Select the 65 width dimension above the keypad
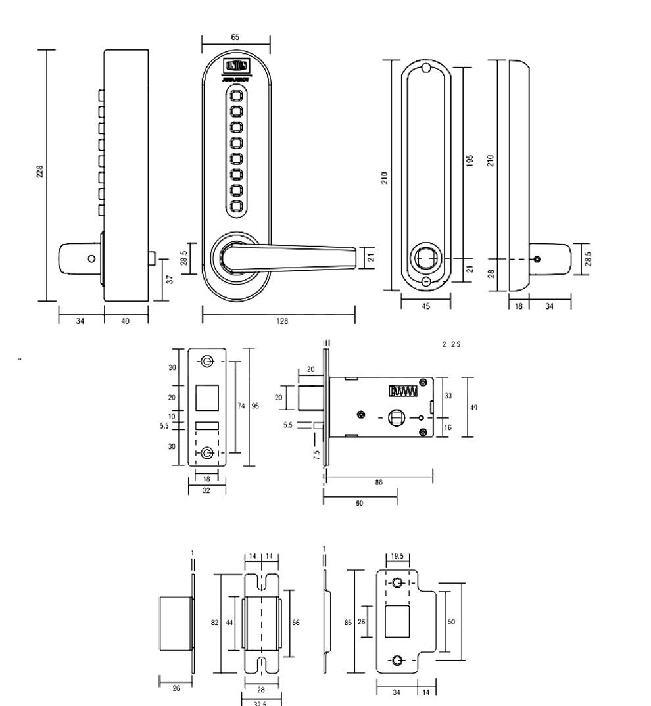(x=235, y=37)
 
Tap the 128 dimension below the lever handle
(x=282, y=321)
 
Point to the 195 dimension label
(x=470, y=161)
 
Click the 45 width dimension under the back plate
(x=425, y=306)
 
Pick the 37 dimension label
(x=170, y=279)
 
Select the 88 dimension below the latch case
(x=379, y=482)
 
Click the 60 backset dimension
(x=359, y=503)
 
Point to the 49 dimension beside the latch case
(x=474, y=408)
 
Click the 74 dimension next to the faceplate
(x=241, y=406)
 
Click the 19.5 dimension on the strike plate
(x=397, y=555)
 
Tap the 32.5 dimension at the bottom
(x=260, y=703)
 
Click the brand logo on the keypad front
(x=236, y=66)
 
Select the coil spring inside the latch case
(x=404, y=391)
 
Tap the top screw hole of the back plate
(x=425, y=68)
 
